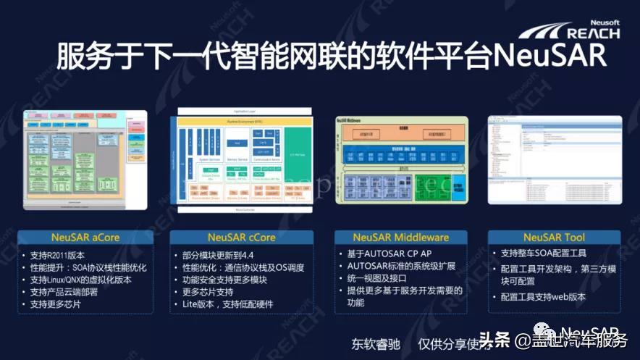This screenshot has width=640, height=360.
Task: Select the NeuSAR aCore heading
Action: pyautogui.click(x=85, y=237)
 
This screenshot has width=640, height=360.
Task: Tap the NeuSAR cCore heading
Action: pyautogui.click(x=241, y=237)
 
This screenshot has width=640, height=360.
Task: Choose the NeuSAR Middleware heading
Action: pyautogui.click(x=400, y=237)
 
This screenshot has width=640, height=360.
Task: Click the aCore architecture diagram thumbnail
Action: pyautogui.click(x=85, y=160)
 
